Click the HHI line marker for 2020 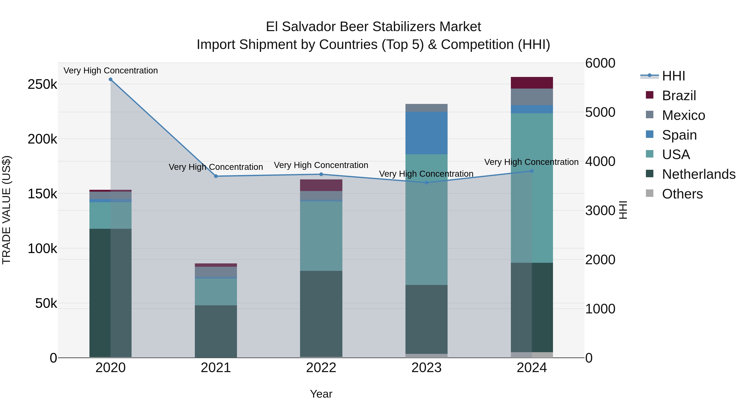click(x=110, y=79)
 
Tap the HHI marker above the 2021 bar click(x=216, y=176)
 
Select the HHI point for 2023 click(x=426, y=183)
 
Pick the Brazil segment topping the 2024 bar click(x=532, y=83)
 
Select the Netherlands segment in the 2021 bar click(x=216, y=331)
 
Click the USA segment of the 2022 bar click(x=321, y=236)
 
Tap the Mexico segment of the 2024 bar click(x=532, y=97)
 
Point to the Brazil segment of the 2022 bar click(x=321, y=185)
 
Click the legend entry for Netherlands click(x=699, y=174)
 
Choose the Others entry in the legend click(x=682, y=194)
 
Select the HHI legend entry click(x=673, y=76)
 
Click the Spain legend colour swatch click(x=649, y=134)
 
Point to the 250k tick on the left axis click(x=42, y=84)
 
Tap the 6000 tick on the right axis click(x=600, y=63)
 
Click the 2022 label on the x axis click(x=321, y=368)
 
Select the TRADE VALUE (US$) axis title click(x=6, y=210)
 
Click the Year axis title click(x=321, y=394)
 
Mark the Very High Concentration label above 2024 click(x=531, y=162)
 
